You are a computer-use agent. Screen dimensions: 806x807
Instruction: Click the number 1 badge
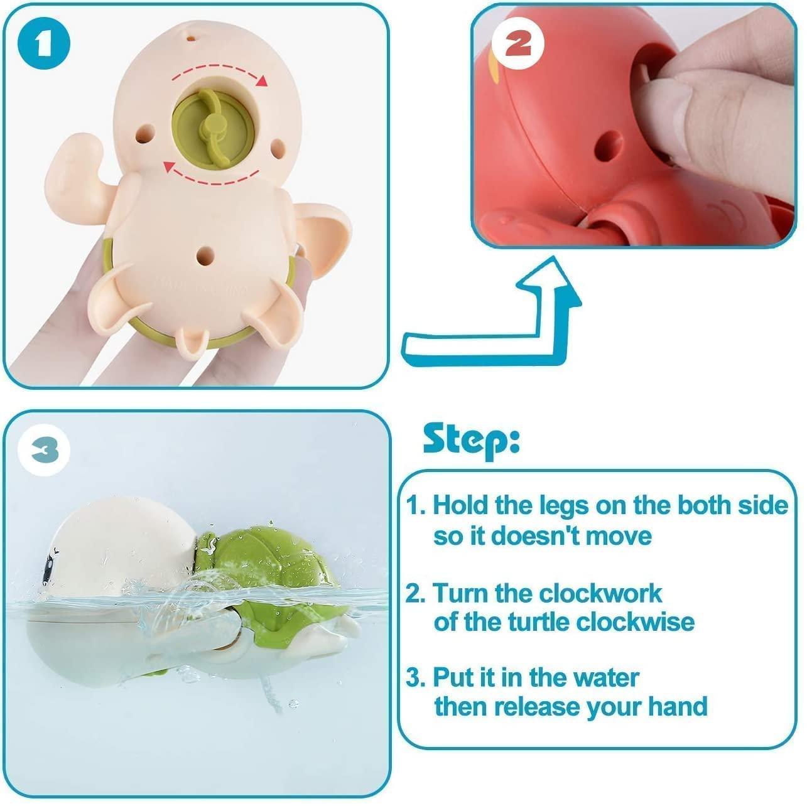(x=43, y=43)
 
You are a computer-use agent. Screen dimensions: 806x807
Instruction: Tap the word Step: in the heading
(x=471, y=440)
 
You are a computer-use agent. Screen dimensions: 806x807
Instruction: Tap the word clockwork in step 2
(x=601, y=593)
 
